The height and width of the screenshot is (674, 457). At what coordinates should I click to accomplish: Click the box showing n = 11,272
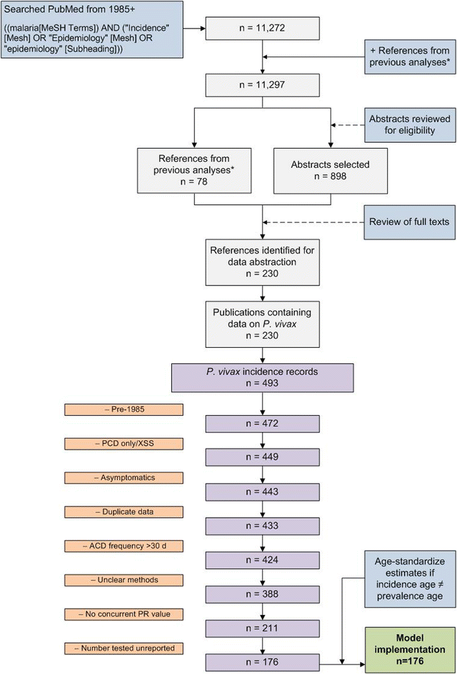pyautogui.click(x=262, y=29)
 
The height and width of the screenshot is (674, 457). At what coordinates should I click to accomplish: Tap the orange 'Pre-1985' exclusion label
pyautogui.click(x=124, y=409)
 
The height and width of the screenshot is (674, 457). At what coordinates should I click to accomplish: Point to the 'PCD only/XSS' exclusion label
pyautogui.click(x=124, y=443)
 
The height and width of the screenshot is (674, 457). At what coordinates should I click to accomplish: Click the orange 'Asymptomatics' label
pyautogui.click(x=124, y=477)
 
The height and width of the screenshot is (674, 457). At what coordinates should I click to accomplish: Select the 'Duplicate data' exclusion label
pyautogui.click(x=124, y=511)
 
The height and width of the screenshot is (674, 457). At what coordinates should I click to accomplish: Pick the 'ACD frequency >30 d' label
pyautogui.click(x=124, y=546)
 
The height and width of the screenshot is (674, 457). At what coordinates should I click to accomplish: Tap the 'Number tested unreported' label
pyautogui.click(x=124, y=648)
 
